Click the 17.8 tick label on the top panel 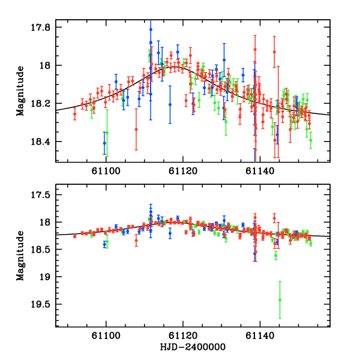[x=43, y=27]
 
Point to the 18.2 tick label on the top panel [x=43, y=104]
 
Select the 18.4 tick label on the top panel [x=43, y=142]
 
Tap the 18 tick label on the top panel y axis [x=47, y=65]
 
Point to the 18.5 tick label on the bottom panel [x=43, y=250]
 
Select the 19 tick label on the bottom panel [x=47, y=277]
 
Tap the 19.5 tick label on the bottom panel [x=43, y=304]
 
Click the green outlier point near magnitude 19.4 [x=280, y=299]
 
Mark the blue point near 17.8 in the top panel [x=151, y=29]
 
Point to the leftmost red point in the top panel [x=75, y=113]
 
